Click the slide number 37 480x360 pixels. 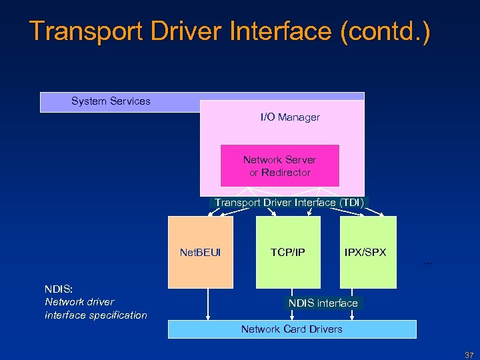(x=469, y=355)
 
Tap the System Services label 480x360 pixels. (x=111, y=101)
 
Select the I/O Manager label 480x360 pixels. (x=290, y=117)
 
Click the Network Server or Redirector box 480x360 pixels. (x=279, y=166)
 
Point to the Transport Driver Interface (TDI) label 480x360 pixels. (x=289, y=203)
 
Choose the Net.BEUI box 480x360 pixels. (x=201, y=253)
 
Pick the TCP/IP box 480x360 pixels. (x=288, y=253)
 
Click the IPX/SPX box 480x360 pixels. (x=365, y=253)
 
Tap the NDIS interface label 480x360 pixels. (x=323, y=303)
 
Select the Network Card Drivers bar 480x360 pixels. (x=291, y=329)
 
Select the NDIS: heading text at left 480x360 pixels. (x=59, y=289)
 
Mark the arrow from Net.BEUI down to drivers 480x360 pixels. (x=209, y=304)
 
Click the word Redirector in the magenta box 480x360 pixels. (x=286, y=173)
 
